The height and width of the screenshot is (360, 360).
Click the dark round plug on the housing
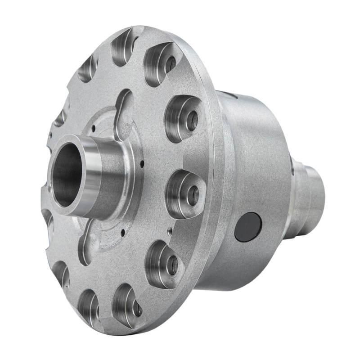248,227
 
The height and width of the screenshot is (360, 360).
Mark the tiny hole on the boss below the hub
122,233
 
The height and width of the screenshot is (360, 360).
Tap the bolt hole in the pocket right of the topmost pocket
170,64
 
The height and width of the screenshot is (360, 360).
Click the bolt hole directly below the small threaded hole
172,265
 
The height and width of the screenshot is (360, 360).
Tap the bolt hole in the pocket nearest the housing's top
192,121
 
